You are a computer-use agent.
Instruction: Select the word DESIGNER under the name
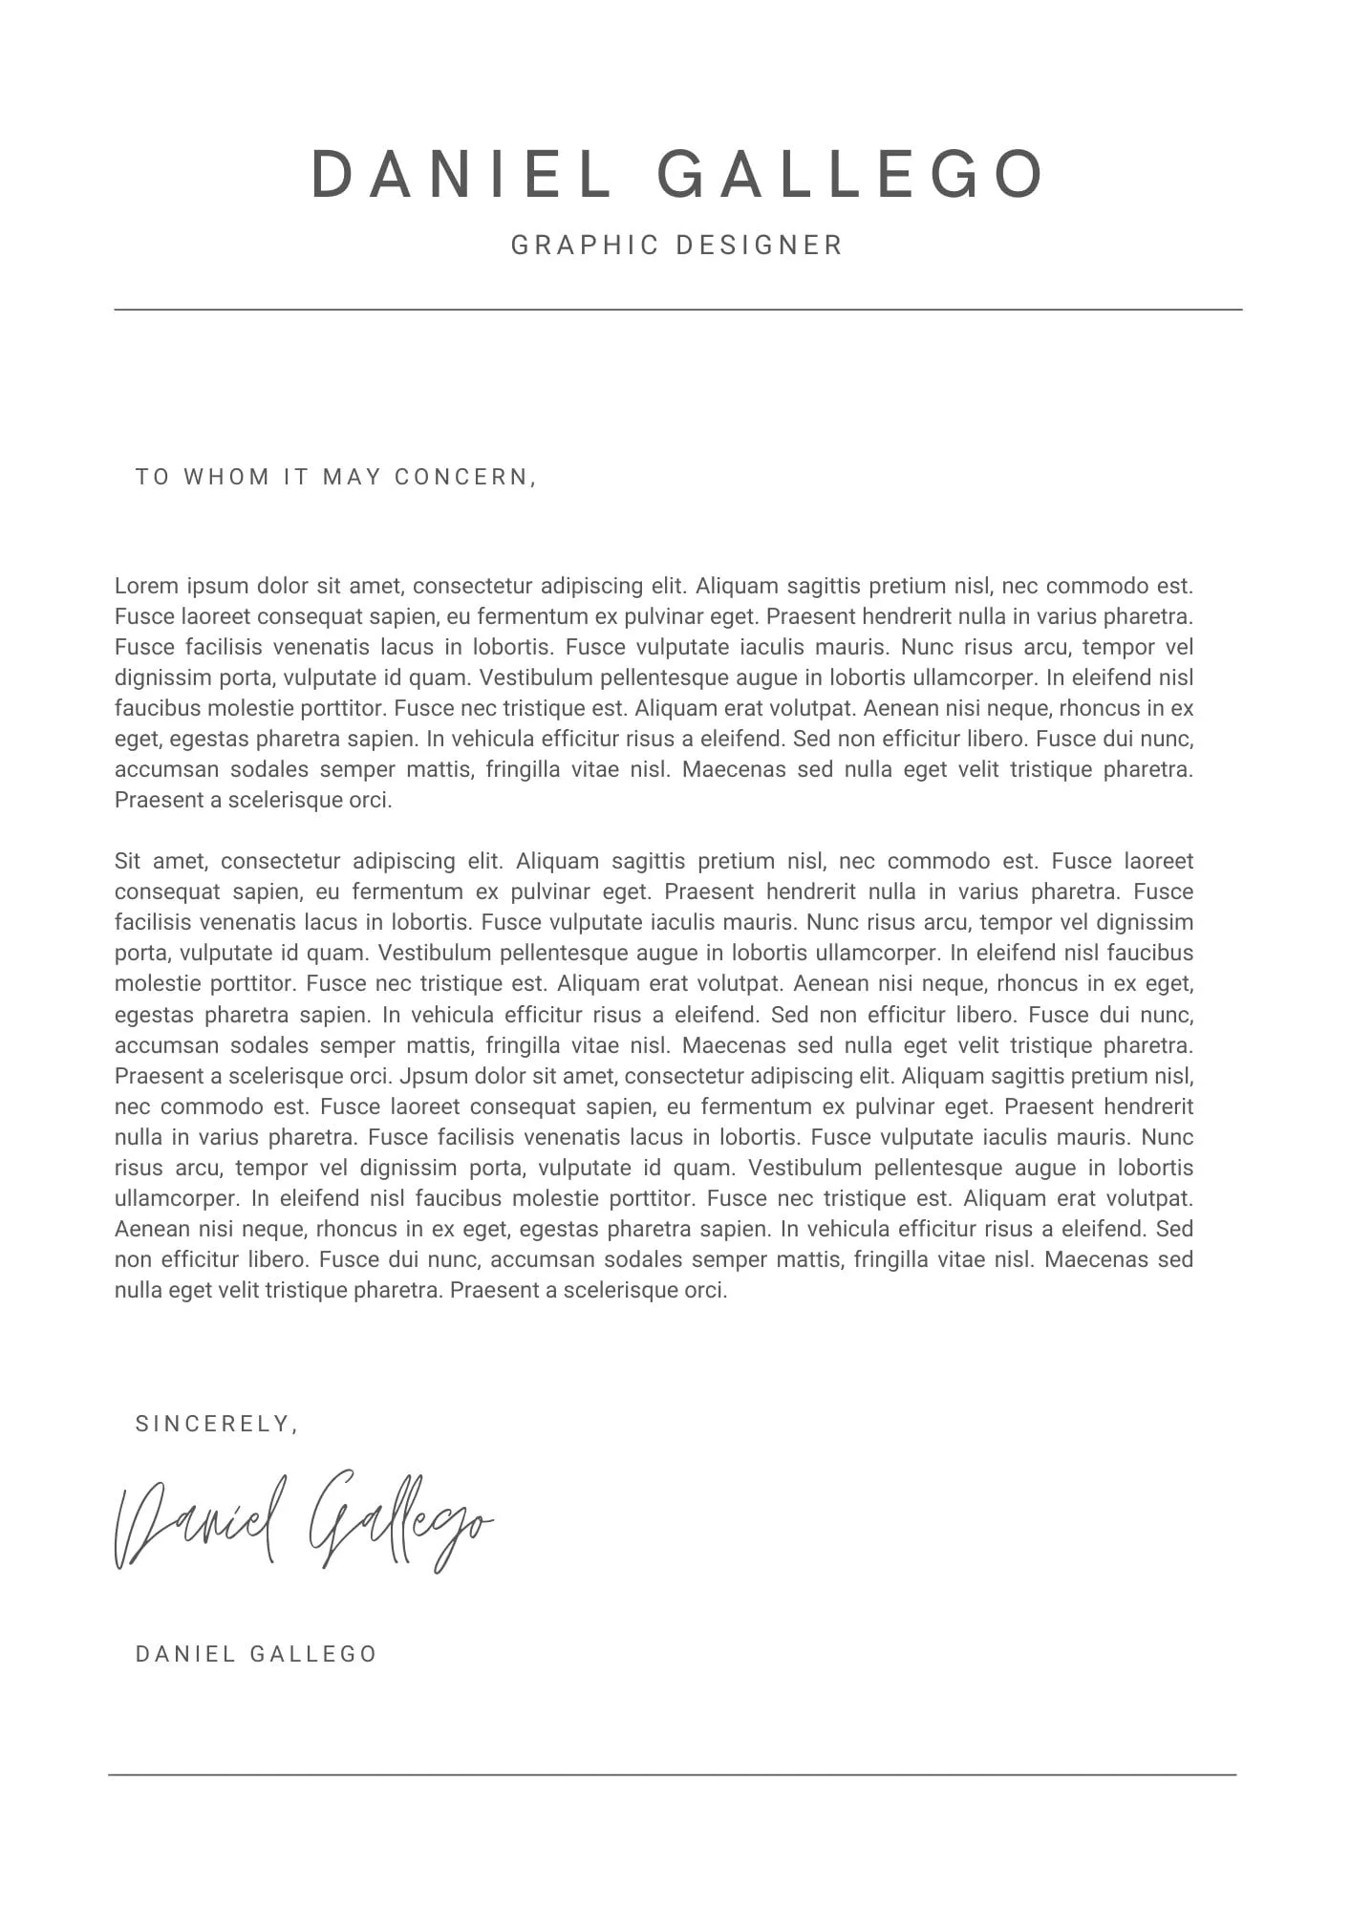point(759,246)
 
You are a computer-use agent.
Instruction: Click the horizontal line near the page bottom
point(672,1774)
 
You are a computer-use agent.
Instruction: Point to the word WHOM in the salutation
point(226,477)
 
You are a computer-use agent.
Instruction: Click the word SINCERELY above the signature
point(214,1424)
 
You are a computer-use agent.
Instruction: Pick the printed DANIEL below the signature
point(185,1654)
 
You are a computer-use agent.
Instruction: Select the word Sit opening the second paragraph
point(127,861)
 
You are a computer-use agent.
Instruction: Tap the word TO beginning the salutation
point(152,477)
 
